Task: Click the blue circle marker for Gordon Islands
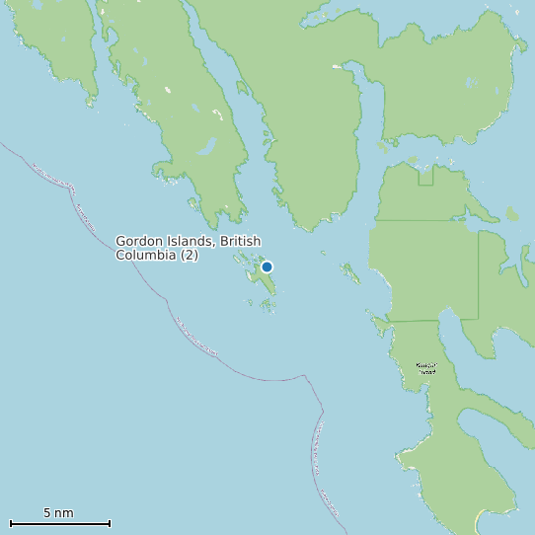click(x=267, y=267)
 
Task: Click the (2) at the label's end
click(x=190, y=255)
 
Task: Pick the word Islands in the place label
click(x=192, y=241)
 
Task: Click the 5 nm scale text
click(x=58, y=512)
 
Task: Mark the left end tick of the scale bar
click(x=10, y=523)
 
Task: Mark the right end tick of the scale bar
click(x=110, y=523)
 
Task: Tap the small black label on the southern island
click(x=425, y=368)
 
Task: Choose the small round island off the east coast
click(x=510, y=213)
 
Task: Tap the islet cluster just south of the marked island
click(x=267, y=306)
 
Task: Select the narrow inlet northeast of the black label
click(x=448, y=331)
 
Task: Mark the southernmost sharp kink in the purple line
click(x=322, y=408)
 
